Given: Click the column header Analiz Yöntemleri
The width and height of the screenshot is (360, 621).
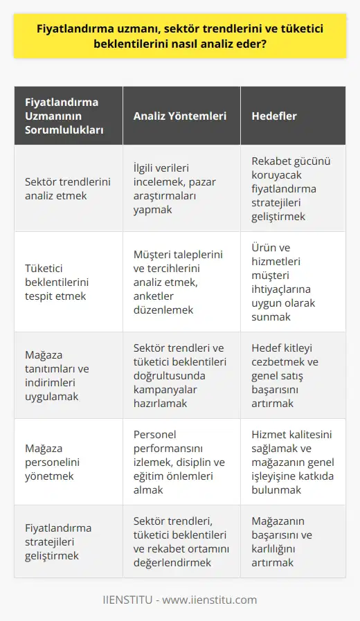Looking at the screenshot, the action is pos(180,116).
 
